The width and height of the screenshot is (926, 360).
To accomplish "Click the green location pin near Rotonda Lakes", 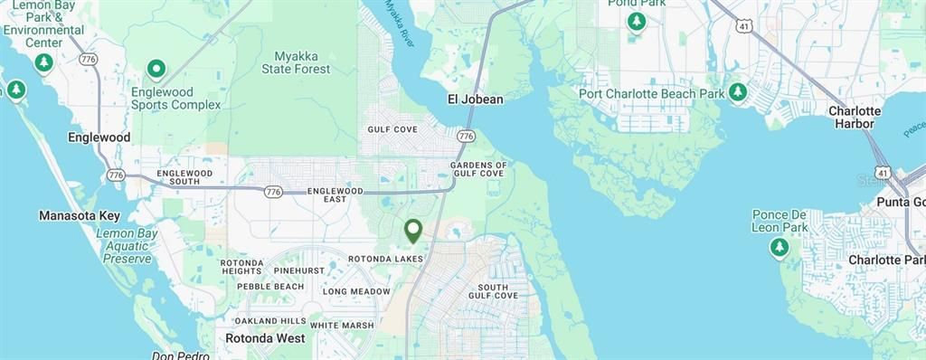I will (x=413, y=231).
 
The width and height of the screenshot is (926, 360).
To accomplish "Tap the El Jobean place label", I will (x=475, y=99).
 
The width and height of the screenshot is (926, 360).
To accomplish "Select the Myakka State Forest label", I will (x=296, y=62).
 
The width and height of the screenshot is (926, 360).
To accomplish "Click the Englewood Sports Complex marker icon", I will (x=156, y=69).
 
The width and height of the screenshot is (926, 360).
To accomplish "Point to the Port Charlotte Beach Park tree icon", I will (x=738, y=92).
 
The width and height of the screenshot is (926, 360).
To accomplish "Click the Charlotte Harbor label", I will (x=854, y=117).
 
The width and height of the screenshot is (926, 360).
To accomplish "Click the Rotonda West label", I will (x=265, y=338).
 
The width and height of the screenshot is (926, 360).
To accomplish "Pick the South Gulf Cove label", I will (x=493, y=289).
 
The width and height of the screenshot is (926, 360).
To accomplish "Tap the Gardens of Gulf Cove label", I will (x=478, y=168).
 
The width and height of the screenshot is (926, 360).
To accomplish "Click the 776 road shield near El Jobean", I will (x=466, y=136).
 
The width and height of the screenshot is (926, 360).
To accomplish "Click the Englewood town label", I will (x=99, y=137).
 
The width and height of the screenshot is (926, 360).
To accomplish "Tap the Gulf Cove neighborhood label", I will (x=392, y=129).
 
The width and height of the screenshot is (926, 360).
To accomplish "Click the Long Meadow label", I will (x=356, y=291).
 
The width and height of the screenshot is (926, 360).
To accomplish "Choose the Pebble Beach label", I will (x=269, y=287).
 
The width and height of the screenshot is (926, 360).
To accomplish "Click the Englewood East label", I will (x=335, y=195).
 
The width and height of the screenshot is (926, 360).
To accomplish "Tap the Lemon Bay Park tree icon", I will (x=43, y=62).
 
